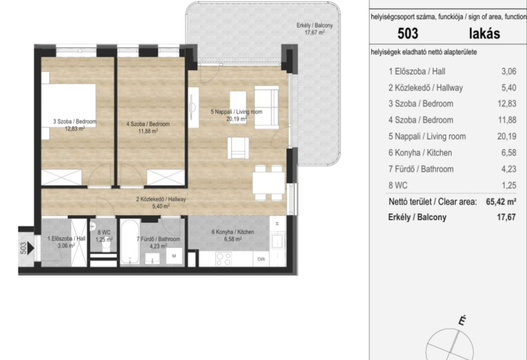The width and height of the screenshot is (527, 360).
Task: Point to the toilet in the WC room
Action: point(106,247)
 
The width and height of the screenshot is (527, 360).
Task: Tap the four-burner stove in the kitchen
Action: point(223,259)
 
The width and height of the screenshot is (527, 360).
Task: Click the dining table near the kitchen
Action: point(269,183)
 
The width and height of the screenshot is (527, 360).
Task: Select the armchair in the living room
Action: point(238,148)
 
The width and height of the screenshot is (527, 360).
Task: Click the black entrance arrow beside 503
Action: point(31,248)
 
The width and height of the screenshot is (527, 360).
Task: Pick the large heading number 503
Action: point(408,33)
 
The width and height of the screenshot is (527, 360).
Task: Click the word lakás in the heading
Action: point(484,33)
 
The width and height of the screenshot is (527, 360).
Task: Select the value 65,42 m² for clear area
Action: point(501,201)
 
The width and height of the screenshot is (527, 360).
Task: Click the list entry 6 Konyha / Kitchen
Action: point(420,153)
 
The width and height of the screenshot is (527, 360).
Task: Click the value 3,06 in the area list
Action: point(508,71)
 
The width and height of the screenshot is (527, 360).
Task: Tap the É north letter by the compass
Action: point(463,321)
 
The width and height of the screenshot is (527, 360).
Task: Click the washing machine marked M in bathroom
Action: point(174,256)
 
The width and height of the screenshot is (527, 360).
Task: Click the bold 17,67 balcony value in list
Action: point(506,217)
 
